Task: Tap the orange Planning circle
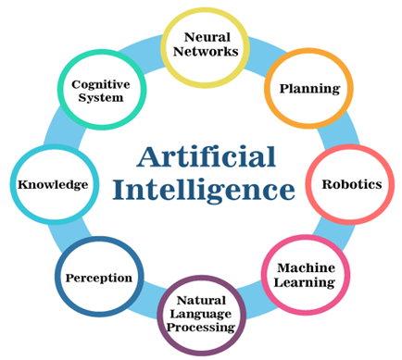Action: click(x=303, y=89)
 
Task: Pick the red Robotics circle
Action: click(x=350, y=183)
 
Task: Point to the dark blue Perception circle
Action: click(x=99, y=277)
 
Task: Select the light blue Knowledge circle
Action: click(x=52, y=184)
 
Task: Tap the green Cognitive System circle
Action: click(x=99, y=90)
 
